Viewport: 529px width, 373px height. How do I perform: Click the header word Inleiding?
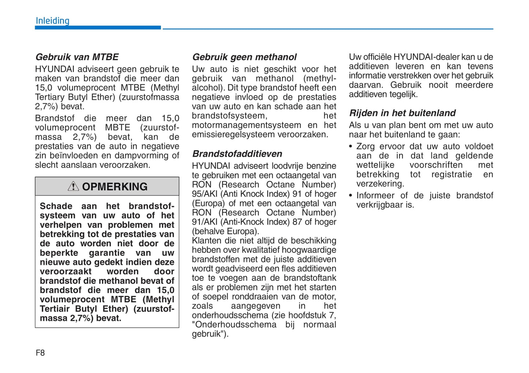52,21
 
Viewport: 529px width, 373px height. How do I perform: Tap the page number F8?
40,353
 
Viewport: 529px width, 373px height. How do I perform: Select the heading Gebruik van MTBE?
77,57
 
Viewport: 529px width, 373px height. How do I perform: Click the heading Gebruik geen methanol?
244,57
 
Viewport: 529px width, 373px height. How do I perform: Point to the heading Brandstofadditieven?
237,154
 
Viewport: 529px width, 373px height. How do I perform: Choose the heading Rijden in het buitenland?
402,113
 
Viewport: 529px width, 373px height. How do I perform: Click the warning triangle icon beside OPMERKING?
73,186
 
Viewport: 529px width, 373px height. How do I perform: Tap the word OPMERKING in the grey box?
115,187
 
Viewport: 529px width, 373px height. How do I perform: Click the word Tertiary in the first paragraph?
50,97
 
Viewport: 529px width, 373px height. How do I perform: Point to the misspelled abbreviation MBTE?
118,128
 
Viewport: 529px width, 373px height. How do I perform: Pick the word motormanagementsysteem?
246,125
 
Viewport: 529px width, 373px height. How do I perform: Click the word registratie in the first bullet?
451,175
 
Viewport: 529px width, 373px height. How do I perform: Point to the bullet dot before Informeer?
351,196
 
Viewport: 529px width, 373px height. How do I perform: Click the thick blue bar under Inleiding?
98,28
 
